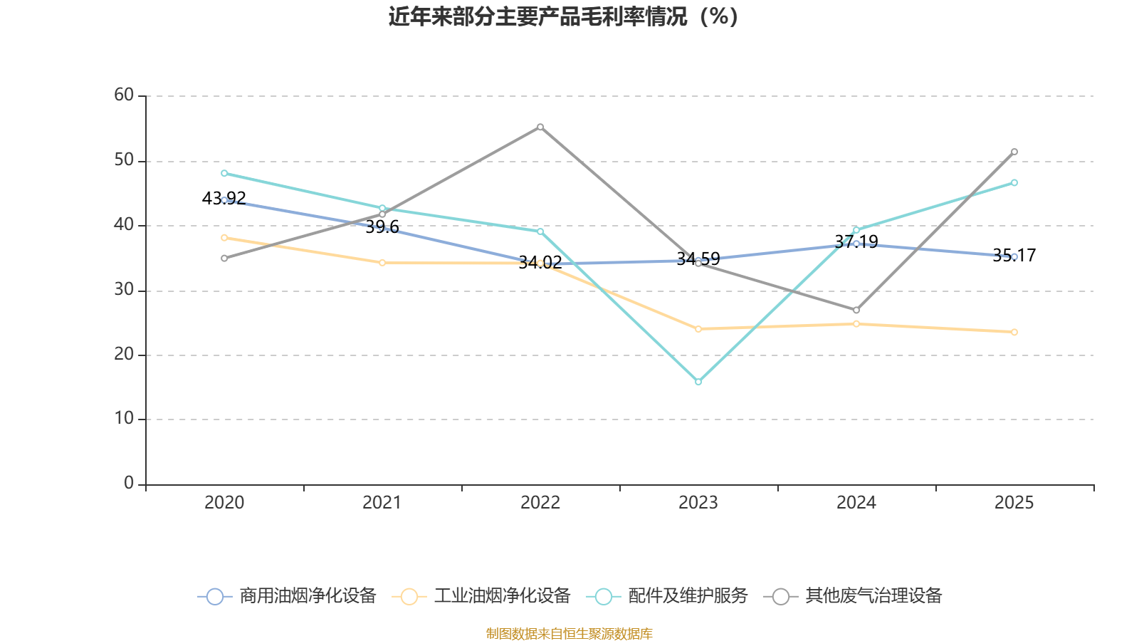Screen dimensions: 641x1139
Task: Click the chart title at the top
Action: click(563, 16)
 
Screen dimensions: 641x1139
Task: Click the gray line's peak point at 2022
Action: click(540, 127)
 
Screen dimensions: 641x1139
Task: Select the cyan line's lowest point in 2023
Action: click(698, 382)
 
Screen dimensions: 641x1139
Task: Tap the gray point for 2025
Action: click(1014, 152)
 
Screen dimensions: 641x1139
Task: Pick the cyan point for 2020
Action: click(224, 173)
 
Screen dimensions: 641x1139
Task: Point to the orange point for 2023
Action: click(698, 329)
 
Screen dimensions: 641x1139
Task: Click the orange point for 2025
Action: click(1014, 332)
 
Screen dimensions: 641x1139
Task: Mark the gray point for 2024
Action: click(856, 311)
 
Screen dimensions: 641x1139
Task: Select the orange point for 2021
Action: click(382, 263)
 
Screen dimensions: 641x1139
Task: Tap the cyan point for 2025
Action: click(1014, 183)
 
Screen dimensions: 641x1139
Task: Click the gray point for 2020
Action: click(224, 259)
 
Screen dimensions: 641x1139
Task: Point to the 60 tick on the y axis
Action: click(124, 95)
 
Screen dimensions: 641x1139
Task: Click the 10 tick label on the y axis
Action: click(124, 419)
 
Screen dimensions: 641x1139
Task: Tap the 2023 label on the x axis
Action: click(698, 503)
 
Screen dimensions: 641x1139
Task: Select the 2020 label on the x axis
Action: click(224, 503)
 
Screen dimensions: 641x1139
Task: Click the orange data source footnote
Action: click(569, 634)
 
